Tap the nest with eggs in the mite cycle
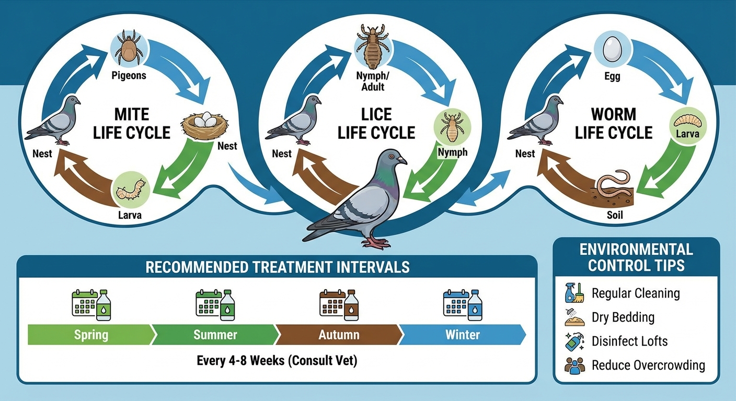(x=205, y=124)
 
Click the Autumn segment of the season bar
(x=338, y=334)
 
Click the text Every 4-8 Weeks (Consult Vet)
(x=277, y=361)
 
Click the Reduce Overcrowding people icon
(x=574, y=365)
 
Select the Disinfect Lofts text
(x=629, y=341)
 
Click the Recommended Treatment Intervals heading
(x=277, y=267)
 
